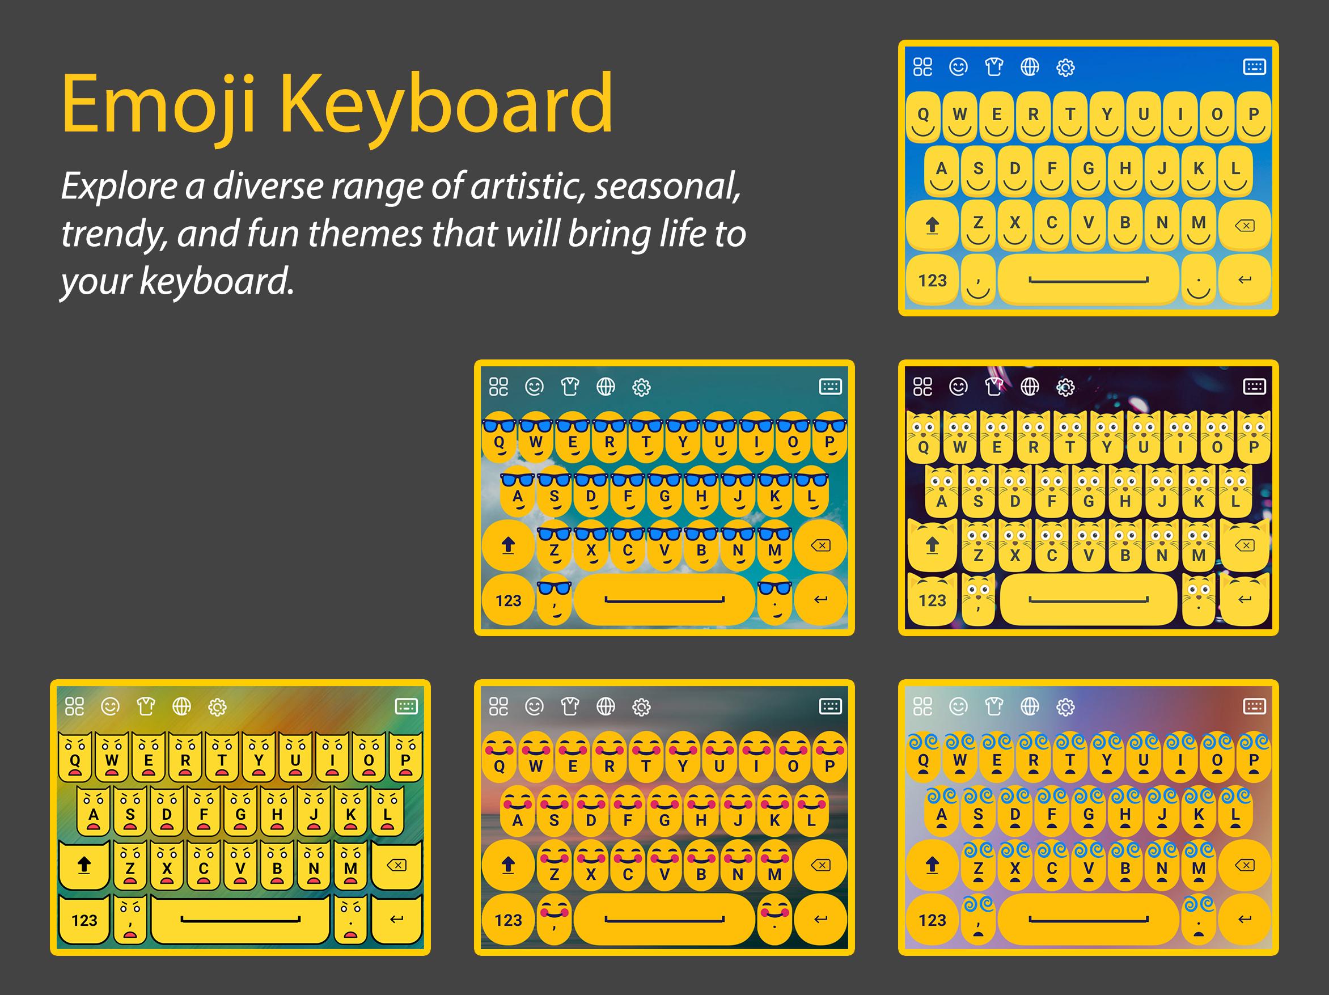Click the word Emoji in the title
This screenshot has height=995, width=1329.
(159, 103)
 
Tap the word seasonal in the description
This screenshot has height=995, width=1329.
(667, 187)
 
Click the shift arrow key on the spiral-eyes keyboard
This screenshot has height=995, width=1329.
(932, 865)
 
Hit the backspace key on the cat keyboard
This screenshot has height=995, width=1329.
(1245, 545)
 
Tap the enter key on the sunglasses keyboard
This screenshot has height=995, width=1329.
(820, 600)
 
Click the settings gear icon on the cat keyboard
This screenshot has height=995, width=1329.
(1065, 387)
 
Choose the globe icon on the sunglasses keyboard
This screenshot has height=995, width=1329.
(606, 387)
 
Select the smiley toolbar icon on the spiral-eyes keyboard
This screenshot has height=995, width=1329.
(958, 706)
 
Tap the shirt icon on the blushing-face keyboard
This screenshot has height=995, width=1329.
(570, 706)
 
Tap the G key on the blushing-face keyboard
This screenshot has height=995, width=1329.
(664, 817)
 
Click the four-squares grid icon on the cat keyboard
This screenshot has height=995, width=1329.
(922, 387)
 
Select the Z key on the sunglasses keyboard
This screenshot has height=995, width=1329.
(554, 548)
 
